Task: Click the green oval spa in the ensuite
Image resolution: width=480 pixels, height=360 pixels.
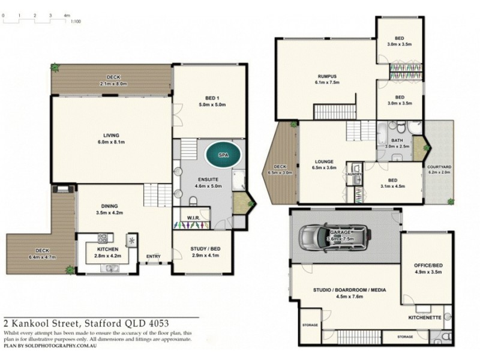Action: [223, 155]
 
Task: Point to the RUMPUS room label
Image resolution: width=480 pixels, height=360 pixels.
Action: [328, 76]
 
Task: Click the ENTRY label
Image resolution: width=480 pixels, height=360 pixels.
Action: [154, 257]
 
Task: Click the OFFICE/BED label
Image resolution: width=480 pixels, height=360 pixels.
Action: [428, 265]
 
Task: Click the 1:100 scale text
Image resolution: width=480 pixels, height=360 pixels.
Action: [76, 22]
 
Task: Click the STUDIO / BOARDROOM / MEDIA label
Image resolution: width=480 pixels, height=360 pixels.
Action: [349, 289]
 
